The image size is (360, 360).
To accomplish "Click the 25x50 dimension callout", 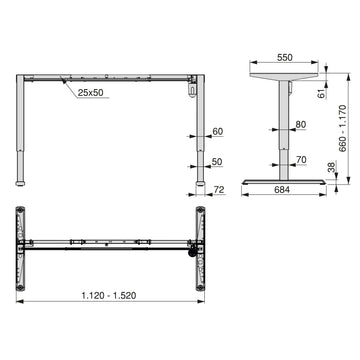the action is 90,93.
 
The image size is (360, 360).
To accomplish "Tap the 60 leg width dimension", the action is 218,132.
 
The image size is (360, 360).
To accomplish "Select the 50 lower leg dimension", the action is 217,162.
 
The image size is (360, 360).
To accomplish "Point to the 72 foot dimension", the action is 219,190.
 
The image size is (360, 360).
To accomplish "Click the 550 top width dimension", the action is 285,57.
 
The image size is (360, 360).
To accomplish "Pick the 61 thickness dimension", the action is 322,94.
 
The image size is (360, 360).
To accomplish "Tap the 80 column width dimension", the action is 301,125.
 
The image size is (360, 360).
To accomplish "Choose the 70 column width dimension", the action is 301,160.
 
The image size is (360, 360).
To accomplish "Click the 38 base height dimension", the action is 331,167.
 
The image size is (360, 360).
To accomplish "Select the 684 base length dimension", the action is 282,190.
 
